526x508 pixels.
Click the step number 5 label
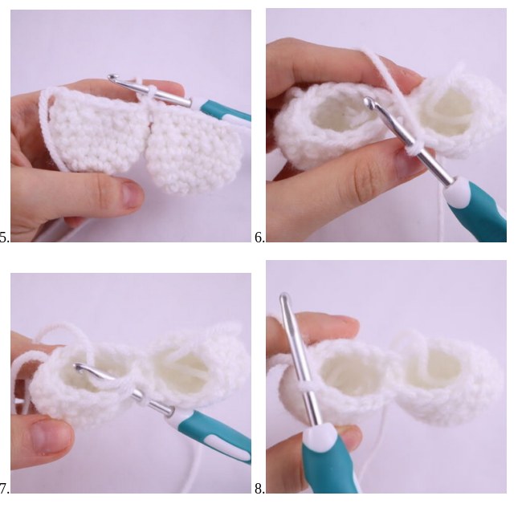point(4,238)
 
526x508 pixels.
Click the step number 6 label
point(260,238)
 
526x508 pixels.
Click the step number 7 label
point(4,489)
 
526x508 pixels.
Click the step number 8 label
point(260,489)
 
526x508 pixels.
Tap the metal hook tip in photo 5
point(112,78)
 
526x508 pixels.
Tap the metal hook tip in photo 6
point(369,101)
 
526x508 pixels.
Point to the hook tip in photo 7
point(79,368)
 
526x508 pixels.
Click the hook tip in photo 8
point(283,297)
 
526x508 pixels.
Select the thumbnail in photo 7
point(51,437)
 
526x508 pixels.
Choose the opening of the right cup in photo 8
point(439,369)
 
